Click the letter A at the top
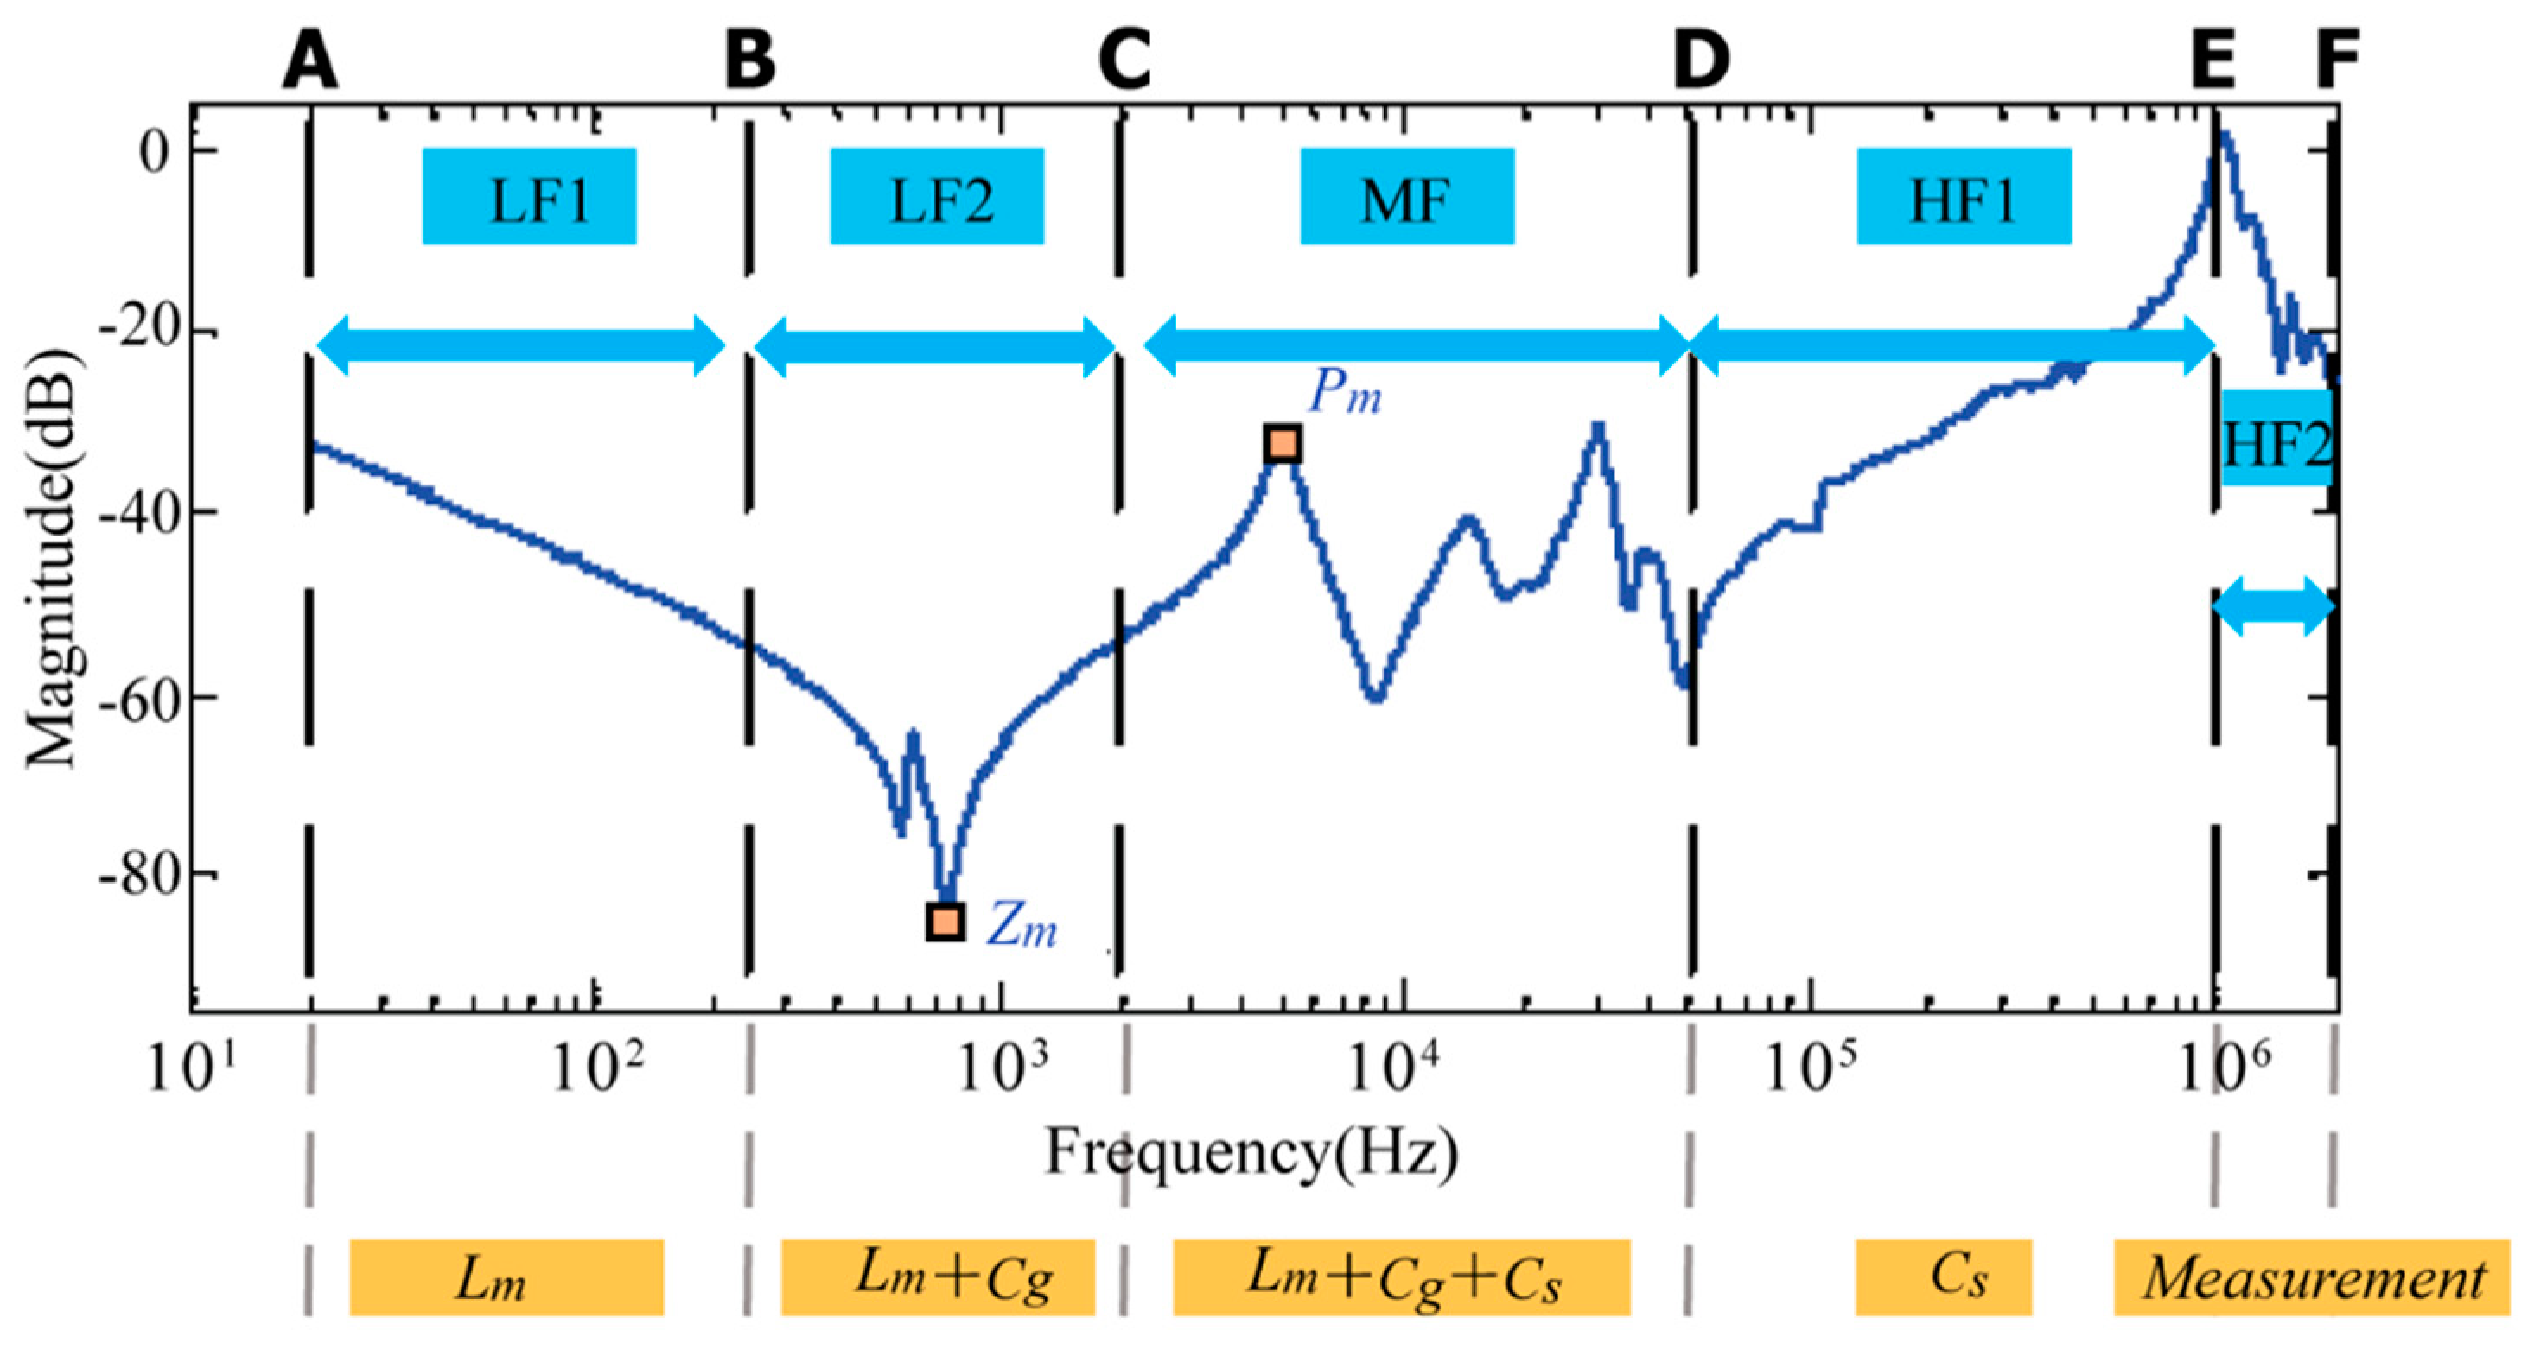(x=309, y=60)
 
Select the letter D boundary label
(x=1701, y=60)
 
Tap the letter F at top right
(x=2337, y=60)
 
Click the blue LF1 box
(x=529, y=197)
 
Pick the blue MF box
(x=1406, y=197)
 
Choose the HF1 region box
(x=1963, y=197)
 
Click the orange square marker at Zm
(x=946, y=921)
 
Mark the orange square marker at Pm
(x=1283, y=444)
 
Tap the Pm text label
(x=1345, y=393)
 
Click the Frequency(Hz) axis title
(x=1251, y=1152)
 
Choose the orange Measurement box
(x=2312, y=1277)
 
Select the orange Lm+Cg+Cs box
(x=1401, y=1277)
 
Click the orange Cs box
(x=1943, y=1277)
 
